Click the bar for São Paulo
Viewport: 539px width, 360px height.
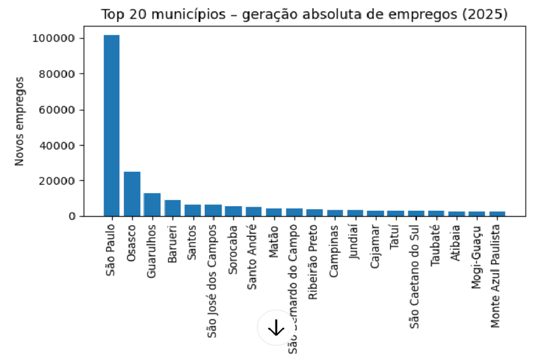[111, 126]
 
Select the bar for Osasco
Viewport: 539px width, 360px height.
[132, 194]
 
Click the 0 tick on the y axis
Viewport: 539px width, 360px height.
[71, 216]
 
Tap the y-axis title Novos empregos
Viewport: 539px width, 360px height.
[19, 121]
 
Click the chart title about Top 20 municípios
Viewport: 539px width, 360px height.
[304, 14]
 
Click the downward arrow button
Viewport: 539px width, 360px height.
[275, 328]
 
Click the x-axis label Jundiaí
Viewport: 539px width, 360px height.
[354, 241]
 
